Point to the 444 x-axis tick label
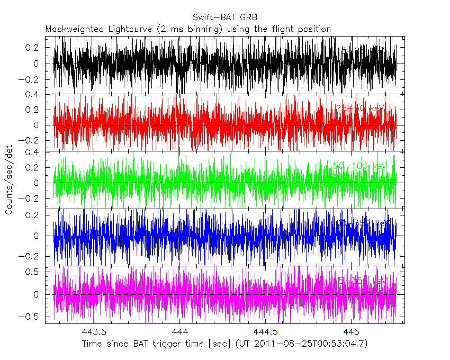click(x=179, y=332)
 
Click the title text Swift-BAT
click(x=211, y=16)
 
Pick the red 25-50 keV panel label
click(x=359, y=109)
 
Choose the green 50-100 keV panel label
click(x=359, y=166)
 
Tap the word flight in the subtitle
click(x=282, y=29)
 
